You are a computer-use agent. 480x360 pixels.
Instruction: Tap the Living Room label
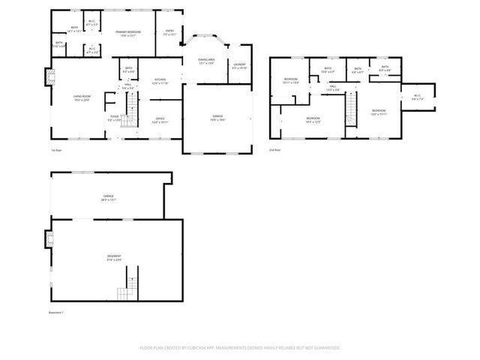click(81, 98)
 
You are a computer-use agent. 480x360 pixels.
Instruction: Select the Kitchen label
click(160, 80)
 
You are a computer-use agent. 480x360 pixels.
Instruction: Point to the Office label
click(160, 119)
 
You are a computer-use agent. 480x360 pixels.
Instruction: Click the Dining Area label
click(206, 61)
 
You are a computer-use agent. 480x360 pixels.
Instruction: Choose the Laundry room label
click(239, 67)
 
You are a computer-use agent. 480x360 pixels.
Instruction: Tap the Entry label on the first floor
click(169, 32)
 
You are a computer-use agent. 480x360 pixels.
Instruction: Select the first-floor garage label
click(217, 118)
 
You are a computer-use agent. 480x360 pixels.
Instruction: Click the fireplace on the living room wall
click(49, 77)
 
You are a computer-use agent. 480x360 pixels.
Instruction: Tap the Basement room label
click(114, 258)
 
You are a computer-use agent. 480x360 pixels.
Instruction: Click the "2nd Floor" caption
click(275, 150)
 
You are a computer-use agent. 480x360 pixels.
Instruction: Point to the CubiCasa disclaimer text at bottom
click(240, 348)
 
